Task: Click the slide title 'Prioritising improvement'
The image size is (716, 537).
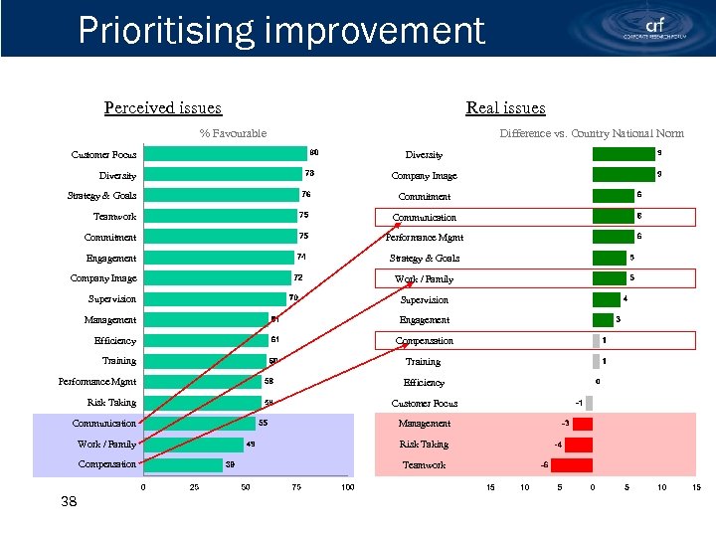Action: pyautogui.click(x=281, y=30)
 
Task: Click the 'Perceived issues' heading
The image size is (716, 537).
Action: pyautogui.click(x=163, y=107)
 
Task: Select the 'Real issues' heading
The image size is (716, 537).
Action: pyautogui.click(x=505, y=107)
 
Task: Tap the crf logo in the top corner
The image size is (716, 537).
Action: pyautogui.click(x=655, y=28)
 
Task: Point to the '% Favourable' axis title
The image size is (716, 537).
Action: pyautogui.click(x=233, y=133)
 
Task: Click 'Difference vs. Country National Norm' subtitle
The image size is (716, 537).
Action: pyautogui.click(x=592, y=133)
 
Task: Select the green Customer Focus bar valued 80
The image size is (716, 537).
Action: pyautogui.click(x=225, y=153)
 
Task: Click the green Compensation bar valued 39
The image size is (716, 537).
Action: pyautogui.click(x=183, y=464)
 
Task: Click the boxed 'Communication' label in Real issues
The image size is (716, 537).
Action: pyautogui.click(x=425, y=217)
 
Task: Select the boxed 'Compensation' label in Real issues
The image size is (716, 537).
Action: pyautogui.click(x=425, y=341)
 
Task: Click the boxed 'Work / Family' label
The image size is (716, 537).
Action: pyautogui.click(x=425, y=278)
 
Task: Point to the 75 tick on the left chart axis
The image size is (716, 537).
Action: pyautogui.click(x=296, y=487)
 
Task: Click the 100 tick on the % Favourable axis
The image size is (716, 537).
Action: pyautogui.click(x=347, y=487)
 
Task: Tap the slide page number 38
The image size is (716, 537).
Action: pyautogui.click(x=69, y=502)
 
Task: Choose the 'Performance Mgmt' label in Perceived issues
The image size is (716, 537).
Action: pyautogui.click(x=97, y=382)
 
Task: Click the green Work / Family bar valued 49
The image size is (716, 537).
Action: pyautogui.click(x=193, y=444)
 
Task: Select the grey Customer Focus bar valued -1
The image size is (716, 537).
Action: pyautogui.click(x=589, y=403)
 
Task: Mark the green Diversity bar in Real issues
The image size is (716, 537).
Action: pyautogui.click(x=624, y=154)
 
